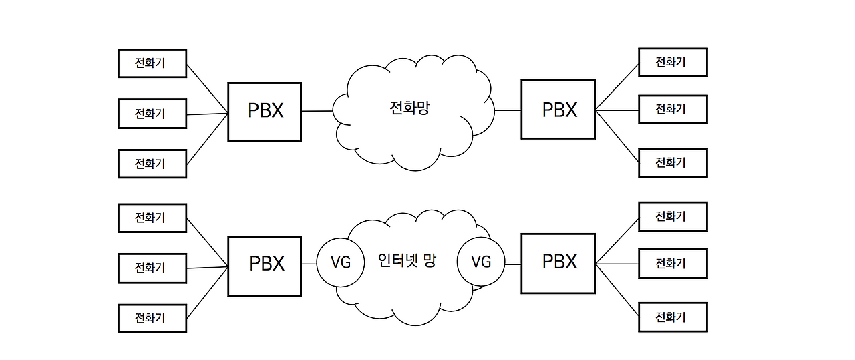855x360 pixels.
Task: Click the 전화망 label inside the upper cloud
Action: (x=409, y=108)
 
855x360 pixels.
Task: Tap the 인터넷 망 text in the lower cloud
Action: (x=406, y=260)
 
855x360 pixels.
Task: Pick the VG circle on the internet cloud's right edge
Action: (x=480, y=262)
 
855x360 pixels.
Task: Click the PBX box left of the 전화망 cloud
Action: (x=265, y=112)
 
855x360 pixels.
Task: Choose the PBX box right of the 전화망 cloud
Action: (x=558, y=110)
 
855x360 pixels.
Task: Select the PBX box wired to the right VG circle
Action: (x=558, y=262)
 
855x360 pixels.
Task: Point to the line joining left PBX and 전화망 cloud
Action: (x=317, y=111)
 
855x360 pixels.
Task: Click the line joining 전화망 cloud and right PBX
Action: (x=508, y=110)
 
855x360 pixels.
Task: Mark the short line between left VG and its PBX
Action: (x=308, y=264)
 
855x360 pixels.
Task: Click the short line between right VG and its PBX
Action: (x=512, y=264)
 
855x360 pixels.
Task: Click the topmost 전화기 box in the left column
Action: (x=152, y=63)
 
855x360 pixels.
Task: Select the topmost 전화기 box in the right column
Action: (x=673, y=63)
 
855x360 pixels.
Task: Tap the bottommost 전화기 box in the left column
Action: (x=152, y=318)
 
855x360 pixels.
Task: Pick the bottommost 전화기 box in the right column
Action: (x=673, y=317)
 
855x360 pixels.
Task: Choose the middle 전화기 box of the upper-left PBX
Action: (x=152, y=114)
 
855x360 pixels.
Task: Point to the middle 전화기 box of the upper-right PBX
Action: (x=673, y=109)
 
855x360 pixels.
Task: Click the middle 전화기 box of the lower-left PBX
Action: (x=152, y=268)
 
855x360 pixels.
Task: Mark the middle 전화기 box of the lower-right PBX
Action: (x=673, y=263)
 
